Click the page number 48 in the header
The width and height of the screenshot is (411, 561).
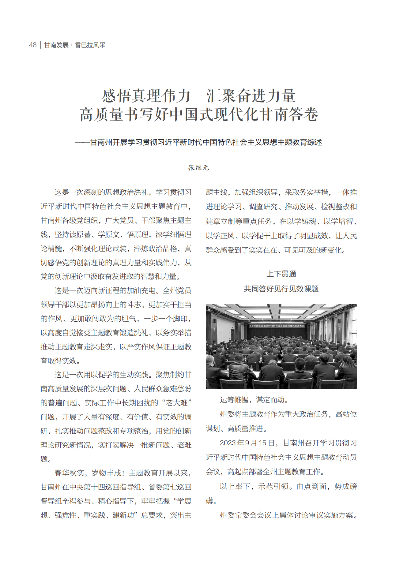[x=32, y=45]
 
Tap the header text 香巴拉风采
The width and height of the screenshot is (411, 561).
[x=90, y=45]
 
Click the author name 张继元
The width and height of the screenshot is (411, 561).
[x=198, y=168]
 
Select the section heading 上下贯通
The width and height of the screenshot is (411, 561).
[x=281, y=274]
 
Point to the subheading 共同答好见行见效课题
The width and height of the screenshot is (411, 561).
[x=281, y=289]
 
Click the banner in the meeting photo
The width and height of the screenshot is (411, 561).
[x=277, y=326]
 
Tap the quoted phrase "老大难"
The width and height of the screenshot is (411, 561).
[x=179, y=403]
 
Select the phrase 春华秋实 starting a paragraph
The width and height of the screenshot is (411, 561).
[x=69, y=473]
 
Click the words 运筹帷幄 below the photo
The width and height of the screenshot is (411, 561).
[x=234, y=400]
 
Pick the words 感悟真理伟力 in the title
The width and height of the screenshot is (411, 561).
[x=146, y=96]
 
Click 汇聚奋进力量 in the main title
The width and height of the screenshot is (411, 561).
[x=251, y=96]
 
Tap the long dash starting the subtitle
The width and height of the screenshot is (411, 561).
[x=82, y=142]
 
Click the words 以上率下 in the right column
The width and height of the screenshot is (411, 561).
[x=234, y=486]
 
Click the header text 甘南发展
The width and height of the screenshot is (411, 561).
[x=56, y=45]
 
